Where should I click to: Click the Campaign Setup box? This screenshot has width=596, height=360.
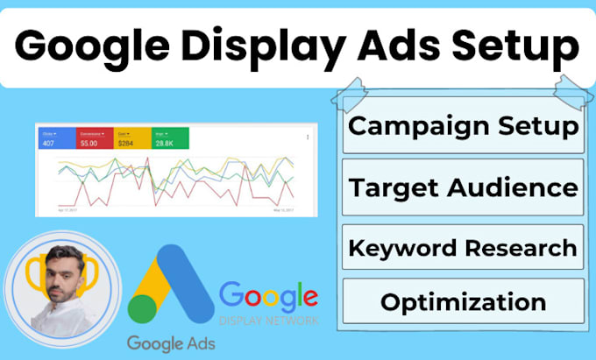[x=464, y=126]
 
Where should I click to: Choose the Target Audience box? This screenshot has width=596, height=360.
[x=464, y=187]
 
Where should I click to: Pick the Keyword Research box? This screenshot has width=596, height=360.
[x=464, y=247]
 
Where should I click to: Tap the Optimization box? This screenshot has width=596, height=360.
[x=464, y=302]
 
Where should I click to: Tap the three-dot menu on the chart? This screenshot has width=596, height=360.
[x=307, y=138]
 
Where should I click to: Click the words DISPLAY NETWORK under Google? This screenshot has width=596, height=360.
[x=268, y=321]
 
